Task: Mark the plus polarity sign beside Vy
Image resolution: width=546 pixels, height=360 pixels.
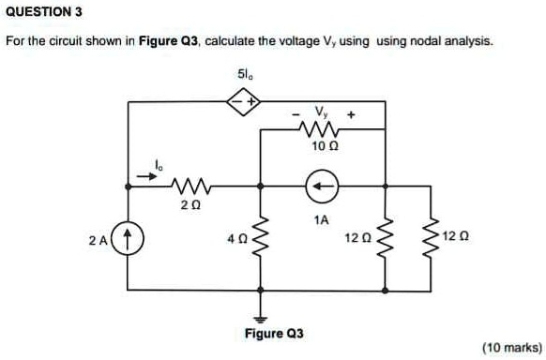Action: coord(352,113)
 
